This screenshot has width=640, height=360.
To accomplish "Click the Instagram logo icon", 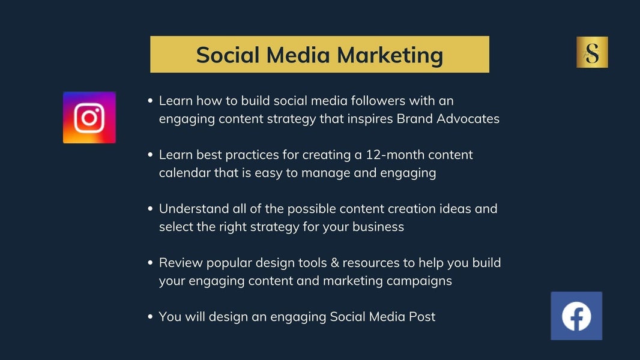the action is [89, 118].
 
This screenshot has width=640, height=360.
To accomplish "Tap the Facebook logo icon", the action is [576, 316].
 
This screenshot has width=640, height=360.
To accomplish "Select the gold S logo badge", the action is [592, 52].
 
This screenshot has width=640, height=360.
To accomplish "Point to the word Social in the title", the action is [228, 55].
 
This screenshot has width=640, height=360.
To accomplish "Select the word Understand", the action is [194, 209].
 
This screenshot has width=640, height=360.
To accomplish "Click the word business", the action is [378, 227].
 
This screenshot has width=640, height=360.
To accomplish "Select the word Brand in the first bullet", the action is [415, 119].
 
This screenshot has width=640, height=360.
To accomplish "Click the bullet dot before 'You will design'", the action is [150, 316].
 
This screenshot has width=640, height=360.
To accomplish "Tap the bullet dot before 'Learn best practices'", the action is [150, 155].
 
